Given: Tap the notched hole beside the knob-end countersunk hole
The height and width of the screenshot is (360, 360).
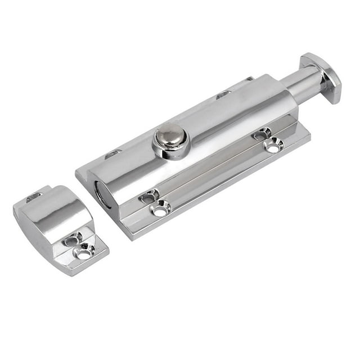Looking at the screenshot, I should point(262,134).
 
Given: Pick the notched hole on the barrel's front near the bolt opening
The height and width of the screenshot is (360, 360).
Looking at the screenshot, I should point(148,196).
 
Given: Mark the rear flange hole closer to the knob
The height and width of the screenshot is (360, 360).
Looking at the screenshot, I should point(223,94).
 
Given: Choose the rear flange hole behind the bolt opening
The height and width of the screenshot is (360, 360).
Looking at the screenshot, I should point(113,153).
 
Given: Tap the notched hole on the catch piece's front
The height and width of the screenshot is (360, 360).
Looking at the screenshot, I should point(72,240).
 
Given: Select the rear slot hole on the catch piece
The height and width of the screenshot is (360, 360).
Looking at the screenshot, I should point(34,196).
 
